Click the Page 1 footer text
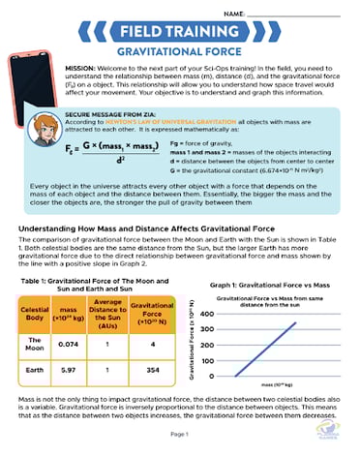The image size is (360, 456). pos(180,435)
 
